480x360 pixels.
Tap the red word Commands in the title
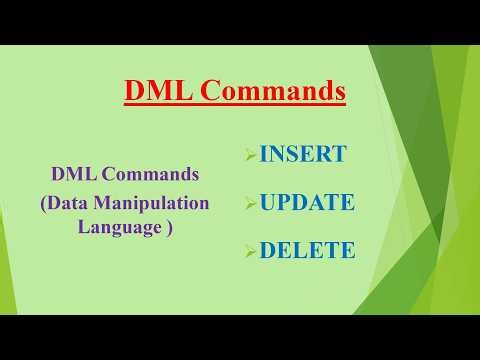tap(272, 91)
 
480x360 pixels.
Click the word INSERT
tap(303, 154)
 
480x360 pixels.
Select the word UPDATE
tap(307, 202)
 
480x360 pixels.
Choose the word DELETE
tap(307, 250)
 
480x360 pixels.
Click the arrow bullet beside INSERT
tap(251, 155)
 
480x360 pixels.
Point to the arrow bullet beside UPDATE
tap(251, 203)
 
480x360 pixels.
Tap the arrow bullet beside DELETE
tap(251, 251)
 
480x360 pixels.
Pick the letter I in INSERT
tap(264, 154)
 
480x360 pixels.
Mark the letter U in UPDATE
tap(268, 202)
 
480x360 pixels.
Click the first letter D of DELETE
tap(268, 250)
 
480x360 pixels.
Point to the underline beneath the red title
tap(235, 105)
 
